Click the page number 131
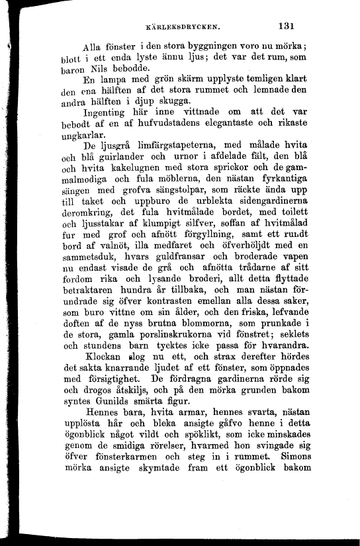tap(286, 27)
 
